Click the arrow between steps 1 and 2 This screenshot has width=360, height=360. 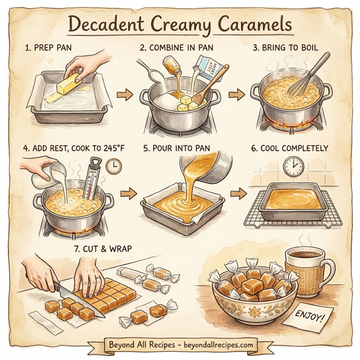[124, 94]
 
